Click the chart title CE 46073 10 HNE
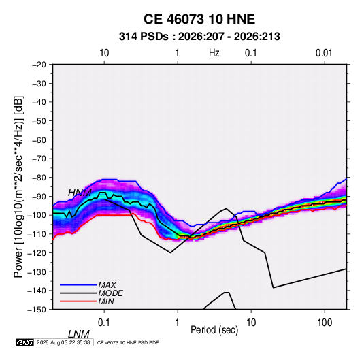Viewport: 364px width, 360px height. point(199,19)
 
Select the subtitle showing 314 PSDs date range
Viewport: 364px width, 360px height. point(199,37)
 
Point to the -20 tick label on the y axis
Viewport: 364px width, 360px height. point(39,65)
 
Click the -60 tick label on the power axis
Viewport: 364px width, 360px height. point(39,140)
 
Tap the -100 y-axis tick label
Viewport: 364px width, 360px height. point(37,215)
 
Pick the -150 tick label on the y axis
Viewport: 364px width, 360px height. point(37,310)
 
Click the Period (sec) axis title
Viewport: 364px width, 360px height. point(214,330)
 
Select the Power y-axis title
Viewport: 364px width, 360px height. point(18,187)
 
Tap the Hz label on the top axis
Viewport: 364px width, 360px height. point(214,53)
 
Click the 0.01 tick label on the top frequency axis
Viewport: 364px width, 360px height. point(324,53)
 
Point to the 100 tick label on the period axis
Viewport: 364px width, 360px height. point(325,323)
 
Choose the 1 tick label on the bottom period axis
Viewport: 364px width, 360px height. point(178,323)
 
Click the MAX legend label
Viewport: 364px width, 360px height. point(107,285)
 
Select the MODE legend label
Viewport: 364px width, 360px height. point(110,293)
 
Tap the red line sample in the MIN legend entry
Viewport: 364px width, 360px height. point(78,301)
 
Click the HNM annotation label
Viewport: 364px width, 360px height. point(80,193)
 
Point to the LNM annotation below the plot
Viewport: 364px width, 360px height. point(79,334)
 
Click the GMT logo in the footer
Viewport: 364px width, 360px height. point(25,342)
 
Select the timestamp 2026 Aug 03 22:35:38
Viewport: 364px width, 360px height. point(63,342)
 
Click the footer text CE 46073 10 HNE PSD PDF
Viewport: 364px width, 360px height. point(128,342)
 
